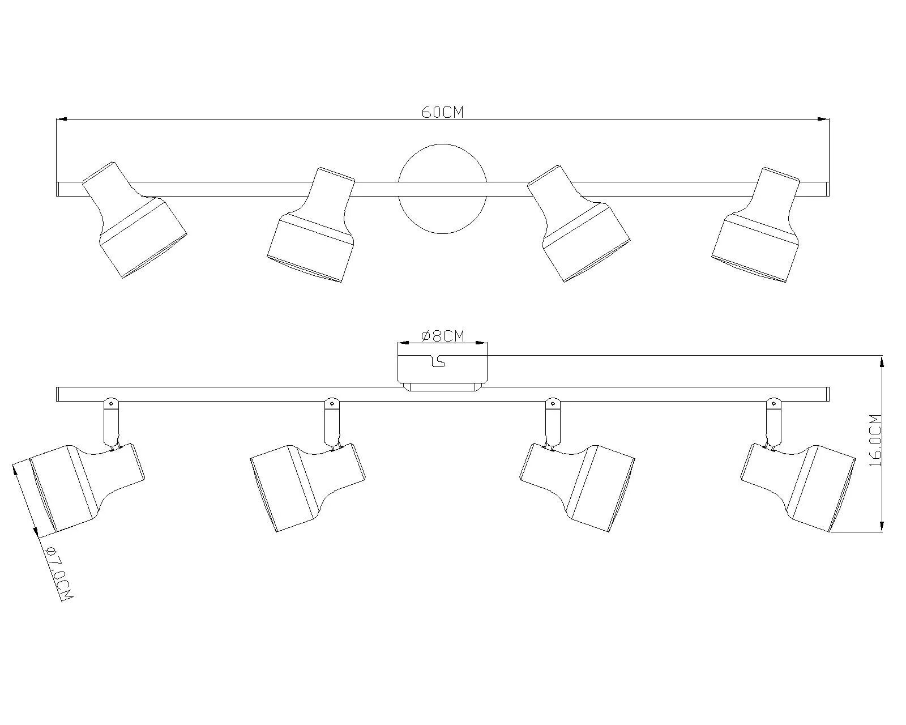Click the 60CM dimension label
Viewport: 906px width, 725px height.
click(442, 112)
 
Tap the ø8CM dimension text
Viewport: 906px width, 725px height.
click(442, 336)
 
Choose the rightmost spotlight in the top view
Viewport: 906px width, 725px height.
click(757, 227)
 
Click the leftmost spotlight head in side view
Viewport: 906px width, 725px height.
click(79, 487)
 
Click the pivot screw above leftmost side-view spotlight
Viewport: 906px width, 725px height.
click(111, 404)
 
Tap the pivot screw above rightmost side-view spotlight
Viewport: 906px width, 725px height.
click(772, 404)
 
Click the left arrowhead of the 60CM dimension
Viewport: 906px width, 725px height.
click(62, 119)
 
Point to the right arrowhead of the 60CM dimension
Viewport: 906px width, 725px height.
click(824, 119)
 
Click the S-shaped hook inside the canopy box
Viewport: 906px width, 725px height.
click(438, 361)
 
